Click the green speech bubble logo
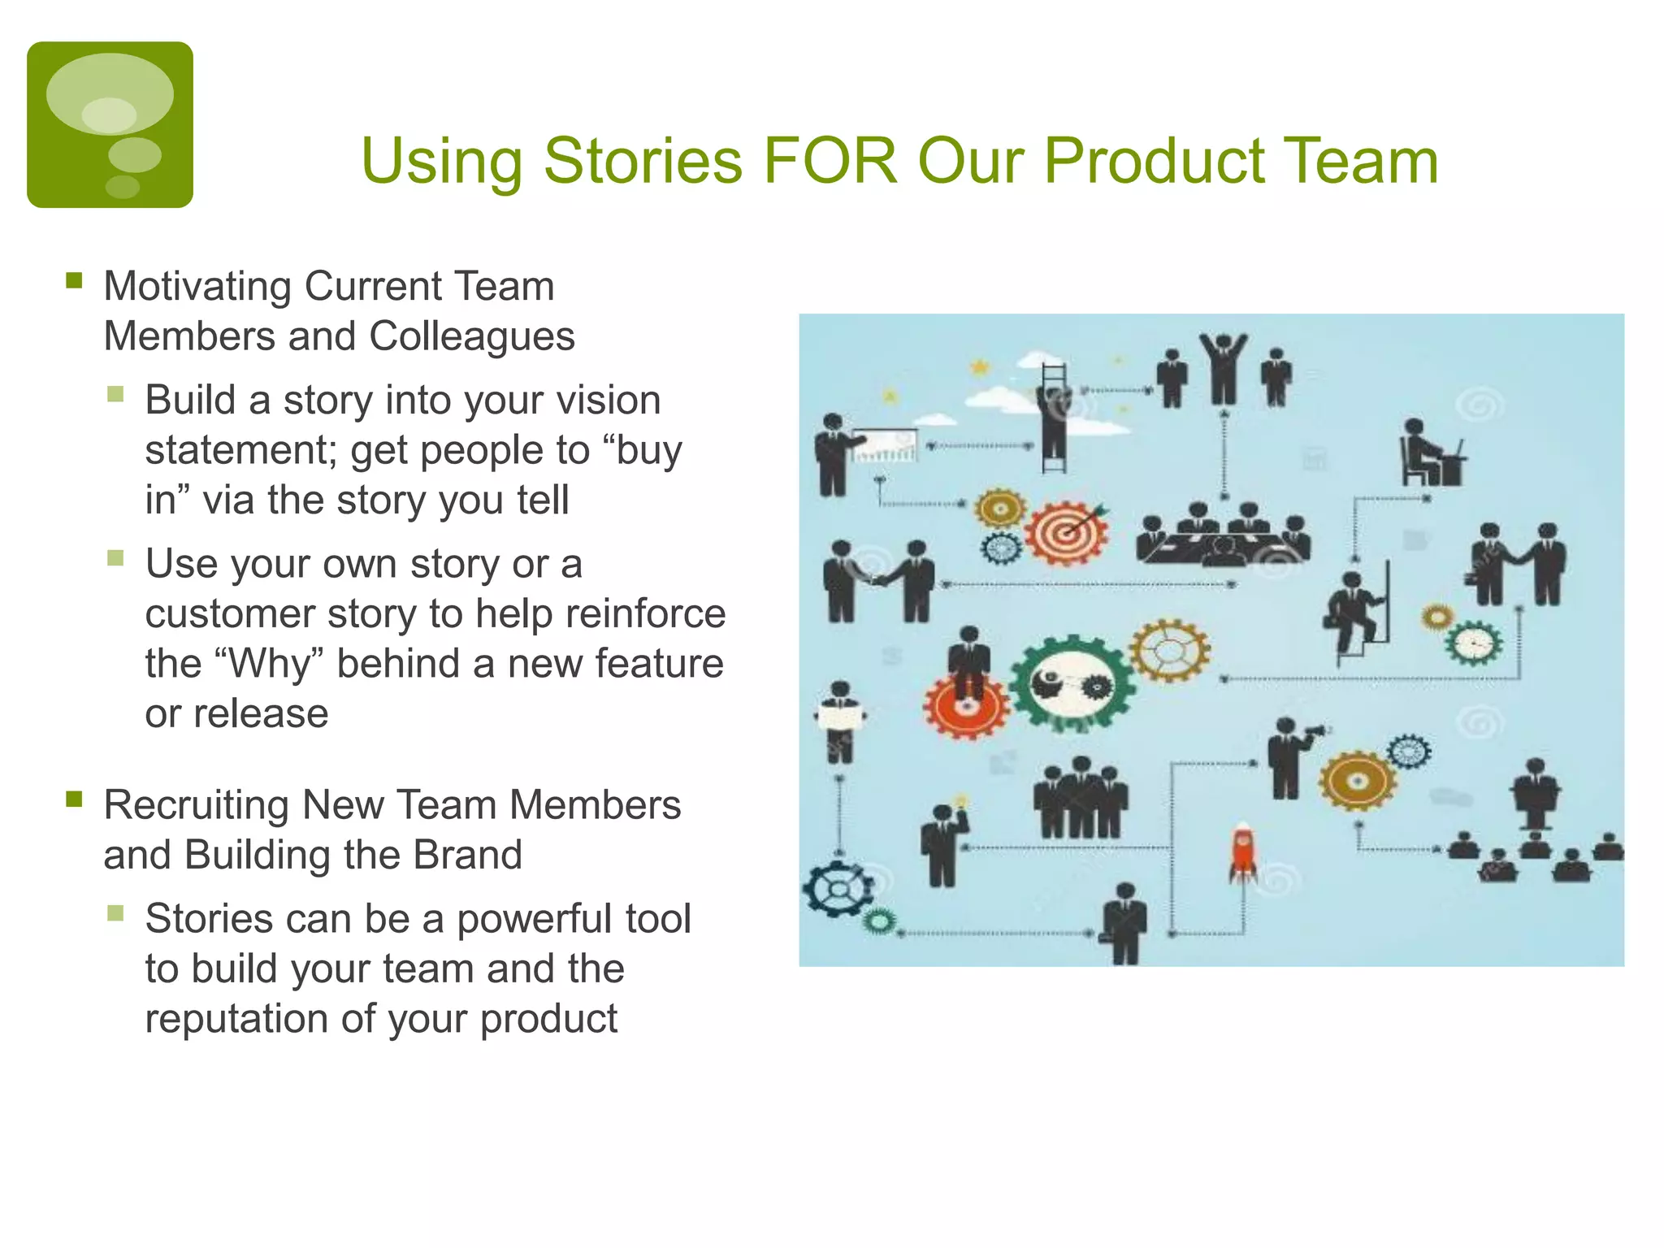coord(110,124)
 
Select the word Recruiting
coord(196,805)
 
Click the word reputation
coord(236,1019)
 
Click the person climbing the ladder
coord(1054,418)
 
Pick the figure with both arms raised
coord(1224,367)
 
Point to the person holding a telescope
coord(1288,756)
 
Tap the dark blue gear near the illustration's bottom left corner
coord(837,888)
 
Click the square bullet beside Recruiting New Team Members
coord(75,799)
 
